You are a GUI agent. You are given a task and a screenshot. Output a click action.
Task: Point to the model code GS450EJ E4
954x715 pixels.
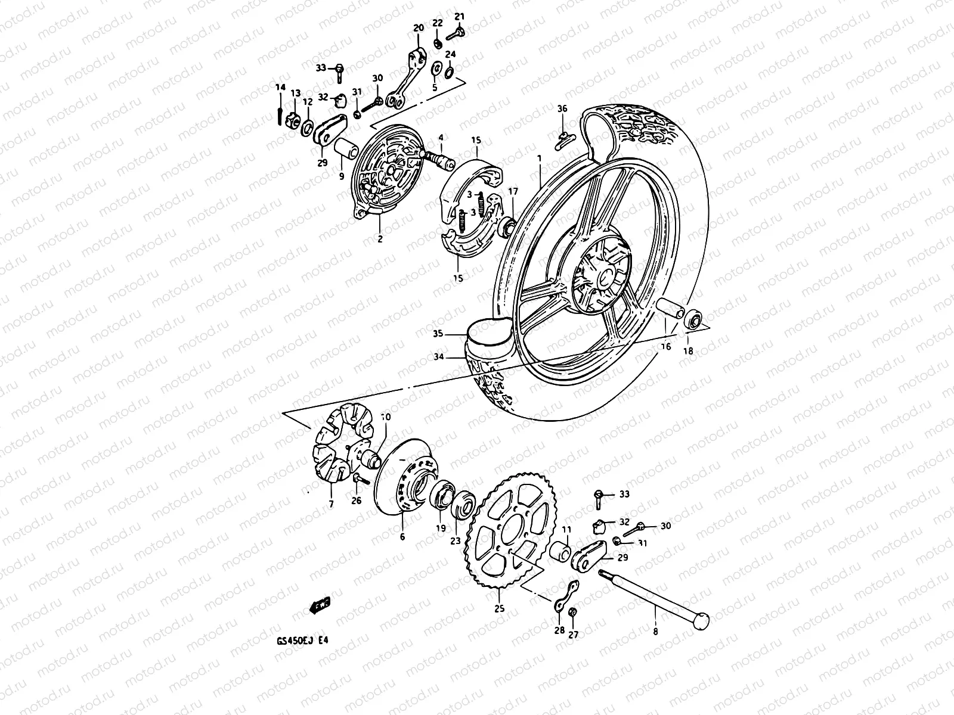[x=302, y=641]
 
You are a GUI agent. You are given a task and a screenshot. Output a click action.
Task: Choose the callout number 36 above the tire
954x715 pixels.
[x=562, y=109]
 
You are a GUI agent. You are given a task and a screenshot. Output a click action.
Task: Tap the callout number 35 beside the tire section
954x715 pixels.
[x=438, y=334]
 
